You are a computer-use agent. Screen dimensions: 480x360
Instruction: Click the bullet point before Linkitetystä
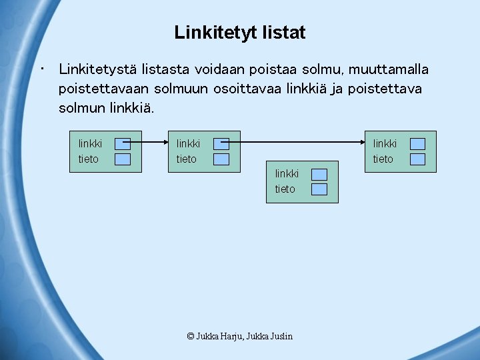pos(42,69)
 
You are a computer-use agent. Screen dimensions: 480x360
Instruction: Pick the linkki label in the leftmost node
pos(90,143)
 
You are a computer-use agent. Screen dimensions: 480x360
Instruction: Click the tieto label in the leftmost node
pos(88,159)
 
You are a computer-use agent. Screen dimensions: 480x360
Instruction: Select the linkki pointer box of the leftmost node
pos(122,143)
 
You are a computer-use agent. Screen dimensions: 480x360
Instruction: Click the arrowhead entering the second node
pos(164,142)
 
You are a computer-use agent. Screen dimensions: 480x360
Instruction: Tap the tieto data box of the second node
pos(221,159)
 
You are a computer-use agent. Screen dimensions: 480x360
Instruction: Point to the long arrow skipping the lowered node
pos(300,142)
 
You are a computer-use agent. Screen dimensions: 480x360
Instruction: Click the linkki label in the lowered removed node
pos(287,174)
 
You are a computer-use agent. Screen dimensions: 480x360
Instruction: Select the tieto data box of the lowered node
pos(319,189)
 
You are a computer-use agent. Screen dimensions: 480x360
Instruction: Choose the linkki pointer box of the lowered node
pos(319,174)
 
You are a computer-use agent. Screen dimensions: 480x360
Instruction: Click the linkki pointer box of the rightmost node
pos(417,143)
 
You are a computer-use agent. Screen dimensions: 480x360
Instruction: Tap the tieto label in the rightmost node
pos(383,159)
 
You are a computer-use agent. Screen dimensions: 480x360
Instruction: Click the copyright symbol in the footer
pos(191,336)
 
